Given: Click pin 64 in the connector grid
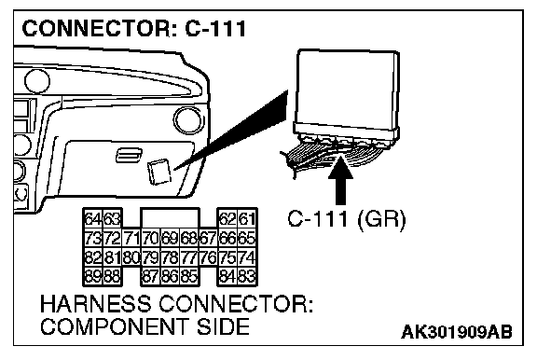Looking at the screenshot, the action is [93, 218].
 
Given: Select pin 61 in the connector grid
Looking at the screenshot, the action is [247, 218].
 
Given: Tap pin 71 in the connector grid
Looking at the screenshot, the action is [131, 238].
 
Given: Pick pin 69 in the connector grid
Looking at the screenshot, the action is [171, 238].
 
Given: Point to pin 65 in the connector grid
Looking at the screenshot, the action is [247, 238].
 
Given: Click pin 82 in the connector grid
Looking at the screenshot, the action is [93, 256].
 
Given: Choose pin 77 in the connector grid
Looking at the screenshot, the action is [189, 256].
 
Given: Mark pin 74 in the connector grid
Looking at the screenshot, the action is [247, 256].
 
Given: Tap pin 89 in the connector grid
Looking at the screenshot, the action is [93, 276].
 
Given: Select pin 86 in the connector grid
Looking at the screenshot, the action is [171, 276].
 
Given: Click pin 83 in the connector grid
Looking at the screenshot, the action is [247, 276].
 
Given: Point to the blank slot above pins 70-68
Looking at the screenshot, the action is [171, 218].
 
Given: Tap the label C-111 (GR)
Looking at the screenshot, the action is [346, 218].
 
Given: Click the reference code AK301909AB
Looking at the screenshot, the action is [457, 332].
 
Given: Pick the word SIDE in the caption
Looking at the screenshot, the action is [223, 326].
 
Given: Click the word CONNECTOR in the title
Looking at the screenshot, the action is [96, 28].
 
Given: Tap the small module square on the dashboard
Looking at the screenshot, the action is [158, 172].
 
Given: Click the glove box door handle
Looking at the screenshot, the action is [129, 155].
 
